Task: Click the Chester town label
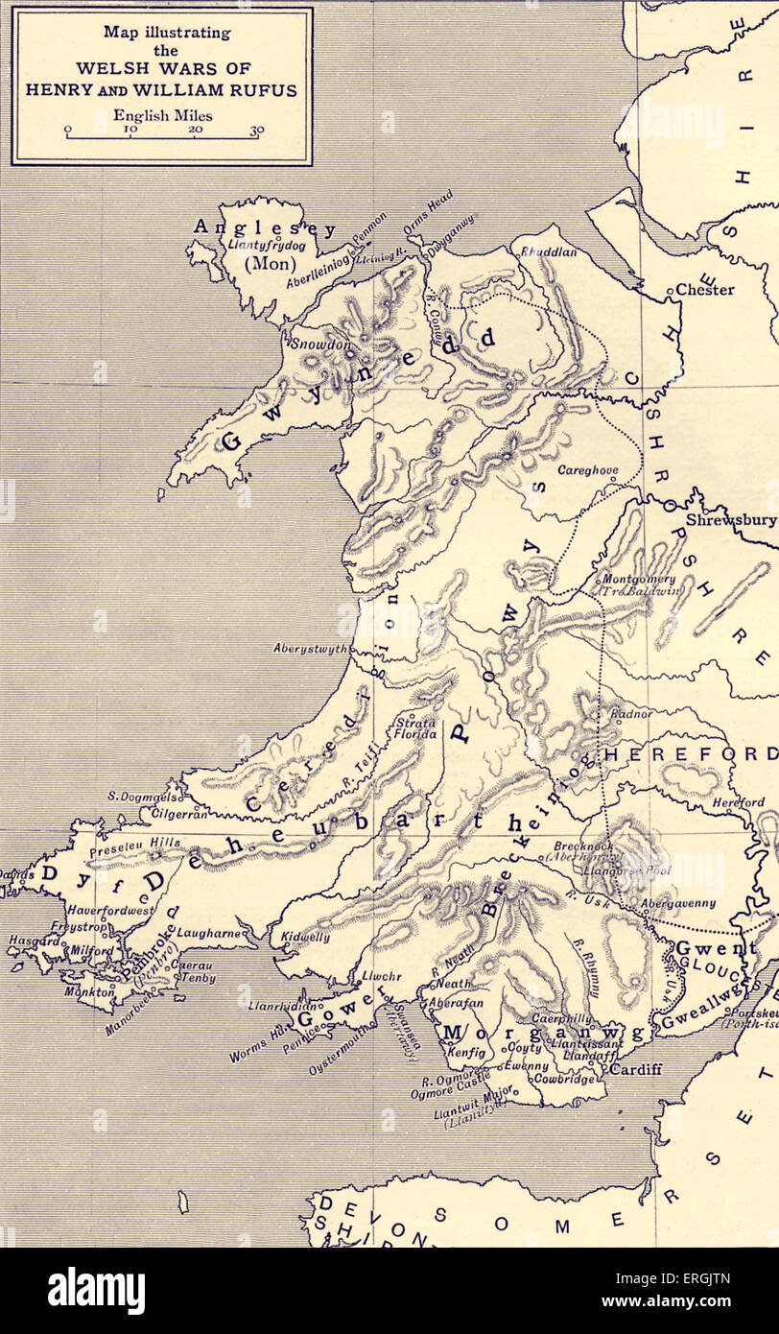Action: tap(705, 289)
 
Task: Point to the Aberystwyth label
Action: tap(311, 649)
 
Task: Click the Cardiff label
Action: tap(636, 1069)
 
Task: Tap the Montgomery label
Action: tap(637, 580)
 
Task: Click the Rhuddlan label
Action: tap(549, 251)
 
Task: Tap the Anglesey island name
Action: tap(265, 228)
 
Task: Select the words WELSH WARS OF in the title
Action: tap(161, 72)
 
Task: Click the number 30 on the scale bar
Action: tap(256, 131)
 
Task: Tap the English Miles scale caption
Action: tap(161, 115)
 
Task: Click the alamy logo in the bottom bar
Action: tap(96, 1291)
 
